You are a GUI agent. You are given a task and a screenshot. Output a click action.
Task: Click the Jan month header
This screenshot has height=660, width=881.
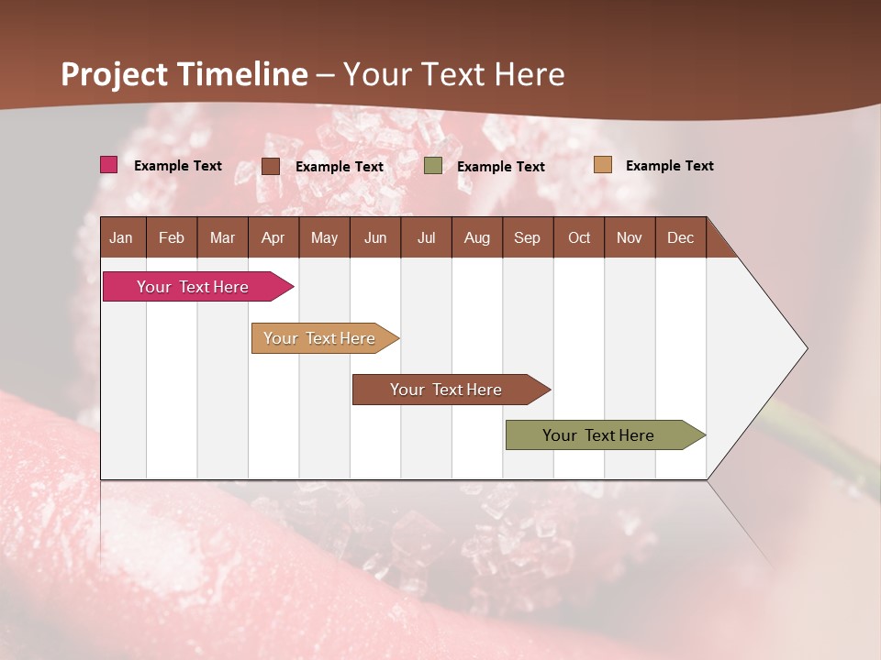(122, 237)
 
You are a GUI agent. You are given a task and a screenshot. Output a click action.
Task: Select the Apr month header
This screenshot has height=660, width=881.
(273, 237)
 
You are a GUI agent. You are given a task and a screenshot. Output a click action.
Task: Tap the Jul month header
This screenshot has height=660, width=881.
(426, 237)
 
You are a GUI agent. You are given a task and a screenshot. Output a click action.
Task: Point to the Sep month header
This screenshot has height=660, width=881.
(527, 237)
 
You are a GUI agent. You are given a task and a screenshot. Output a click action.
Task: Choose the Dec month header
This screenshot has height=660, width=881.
(680, 237)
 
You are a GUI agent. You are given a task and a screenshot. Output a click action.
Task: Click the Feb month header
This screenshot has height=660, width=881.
(172, 237)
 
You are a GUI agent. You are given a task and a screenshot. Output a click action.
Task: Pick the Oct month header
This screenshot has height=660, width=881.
(579, 237)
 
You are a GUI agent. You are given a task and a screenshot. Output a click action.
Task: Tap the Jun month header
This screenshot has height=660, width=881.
(375, 237)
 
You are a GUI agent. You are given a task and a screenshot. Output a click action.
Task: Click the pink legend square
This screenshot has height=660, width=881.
(109, 165)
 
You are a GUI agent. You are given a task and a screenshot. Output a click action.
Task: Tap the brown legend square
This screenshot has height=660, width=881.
(271, 166)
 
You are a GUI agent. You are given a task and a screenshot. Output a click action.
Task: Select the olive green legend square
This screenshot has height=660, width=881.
(433, 166)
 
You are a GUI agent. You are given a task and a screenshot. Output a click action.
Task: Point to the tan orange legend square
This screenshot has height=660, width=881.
(603, 165)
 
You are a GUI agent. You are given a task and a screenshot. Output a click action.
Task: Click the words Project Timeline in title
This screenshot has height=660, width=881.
(184, 74)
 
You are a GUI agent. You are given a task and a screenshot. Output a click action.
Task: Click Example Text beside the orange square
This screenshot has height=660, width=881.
(669, 166)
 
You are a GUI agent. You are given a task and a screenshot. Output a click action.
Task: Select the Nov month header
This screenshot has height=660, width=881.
(630, 237)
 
